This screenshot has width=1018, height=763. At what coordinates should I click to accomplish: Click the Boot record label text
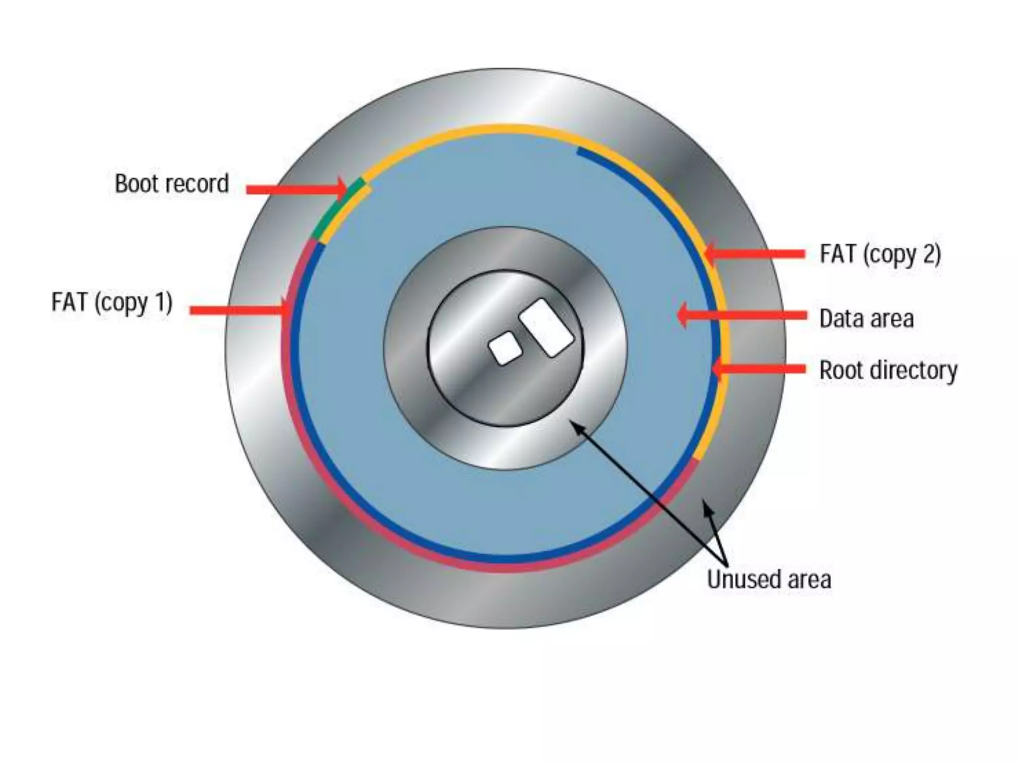tap(171, 184)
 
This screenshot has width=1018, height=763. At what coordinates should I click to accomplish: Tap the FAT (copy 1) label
tap(112, 302)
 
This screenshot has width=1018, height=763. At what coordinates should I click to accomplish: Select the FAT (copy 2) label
tap(880, 254)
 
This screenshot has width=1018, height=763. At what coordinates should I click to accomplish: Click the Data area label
tap(866, 319)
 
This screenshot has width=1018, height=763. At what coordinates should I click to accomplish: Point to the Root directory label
tap(888, 371)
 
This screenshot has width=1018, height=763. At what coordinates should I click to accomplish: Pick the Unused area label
tap(768, 579)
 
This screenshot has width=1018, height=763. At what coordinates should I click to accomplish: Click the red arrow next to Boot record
tap(296, 189)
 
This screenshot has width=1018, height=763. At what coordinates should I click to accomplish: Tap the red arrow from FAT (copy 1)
tap(239, 310)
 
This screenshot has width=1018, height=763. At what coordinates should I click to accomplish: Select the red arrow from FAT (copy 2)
tap(756, 254)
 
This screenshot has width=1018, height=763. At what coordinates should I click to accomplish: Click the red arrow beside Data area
tap(743, 315)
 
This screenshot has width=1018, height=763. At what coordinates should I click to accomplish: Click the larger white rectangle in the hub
tap(546, 327)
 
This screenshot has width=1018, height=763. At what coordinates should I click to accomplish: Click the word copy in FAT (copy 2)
tap(892, 255)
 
